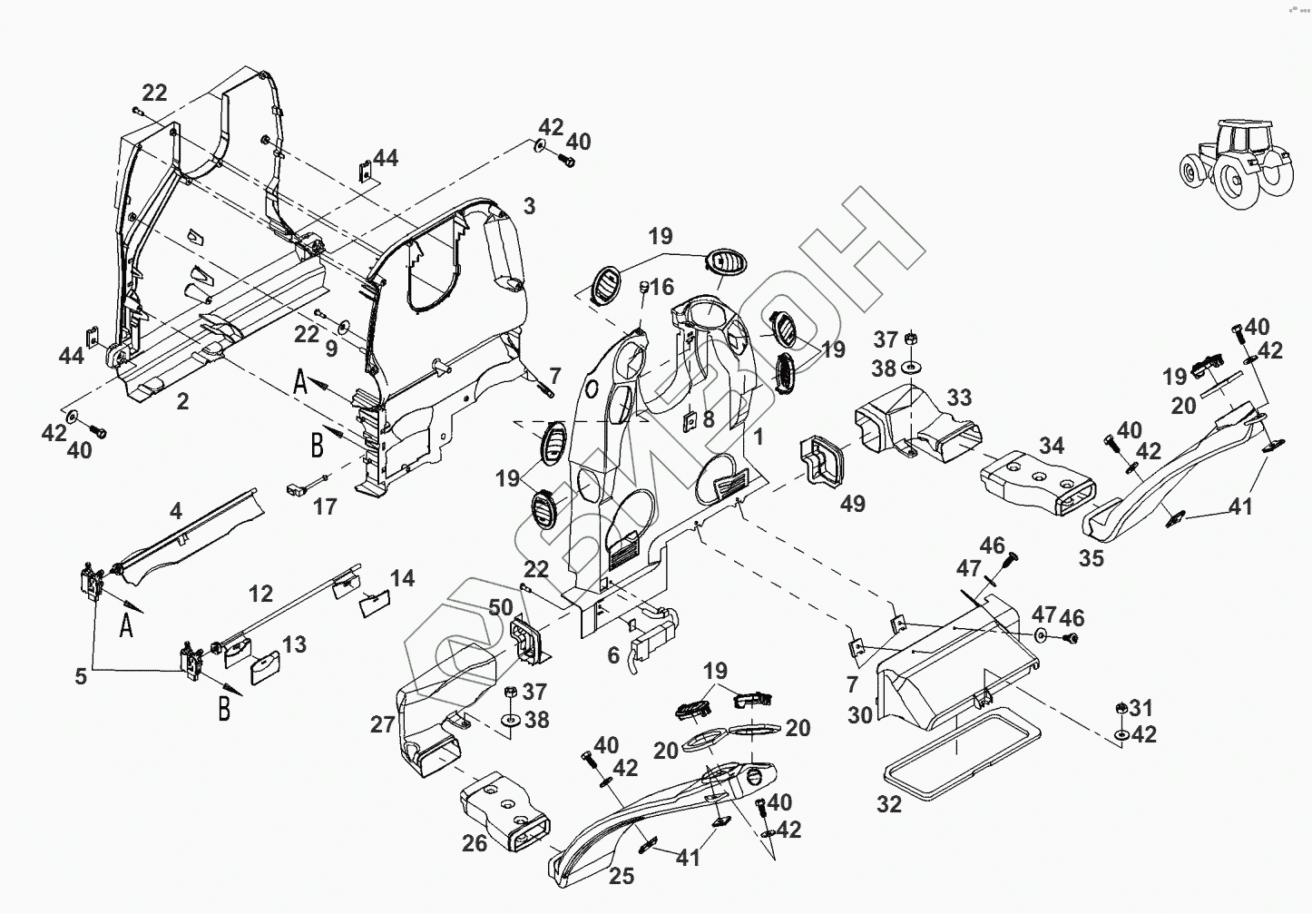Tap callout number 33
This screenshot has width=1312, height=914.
959,398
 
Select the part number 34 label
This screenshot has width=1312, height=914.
1051,447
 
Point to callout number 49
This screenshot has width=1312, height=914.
852,504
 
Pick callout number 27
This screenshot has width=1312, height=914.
382,724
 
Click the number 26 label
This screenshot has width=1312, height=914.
475,844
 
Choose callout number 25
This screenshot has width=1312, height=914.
621,876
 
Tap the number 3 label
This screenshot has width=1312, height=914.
529,205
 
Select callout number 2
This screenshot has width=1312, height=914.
182,400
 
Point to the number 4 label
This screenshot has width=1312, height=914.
176,511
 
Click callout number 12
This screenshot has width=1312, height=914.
260,595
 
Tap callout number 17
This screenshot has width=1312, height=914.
325,506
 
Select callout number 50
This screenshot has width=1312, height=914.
500,607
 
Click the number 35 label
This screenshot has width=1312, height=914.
1092,558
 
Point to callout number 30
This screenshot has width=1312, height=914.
860,715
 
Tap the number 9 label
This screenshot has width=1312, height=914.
331,348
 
